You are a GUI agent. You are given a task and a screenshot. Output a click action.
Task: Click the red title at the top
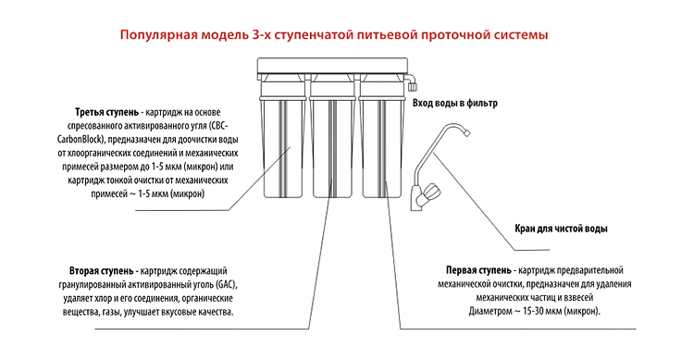pyautogui.click(x=334, y=35)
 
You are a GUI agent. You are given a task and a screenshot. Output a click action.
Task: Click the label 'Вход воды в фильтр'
pyautogui.click(x=455, y=103)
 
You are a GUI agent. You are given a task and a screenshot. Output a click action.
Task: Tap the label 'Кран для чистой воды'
pyautogui.click(x=561, y=229)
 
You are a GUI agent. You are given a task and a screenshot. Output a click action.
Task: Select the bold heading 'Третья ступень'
pyautogui.click(x=106, y=113)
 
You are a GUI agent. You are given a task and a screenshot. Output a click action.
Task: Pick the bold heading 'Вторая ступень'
pyautogui.click(x=101, y=270)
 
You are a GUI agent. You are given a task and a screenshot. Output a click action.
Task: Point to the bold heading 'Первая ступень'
pyautogui.click(x=478, y=270)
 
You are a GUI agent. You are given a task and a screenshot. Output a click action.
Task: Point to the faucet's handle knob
pyautogui.click(x=430, y=192)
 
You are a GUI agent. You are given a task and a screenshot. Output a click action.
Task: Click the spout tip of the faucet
pyautogui.click(x=466, y=132)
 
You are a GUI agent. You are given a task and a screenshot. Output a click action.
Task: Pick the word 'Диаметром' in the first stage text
pyautogui.click(x=490, y=311)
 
